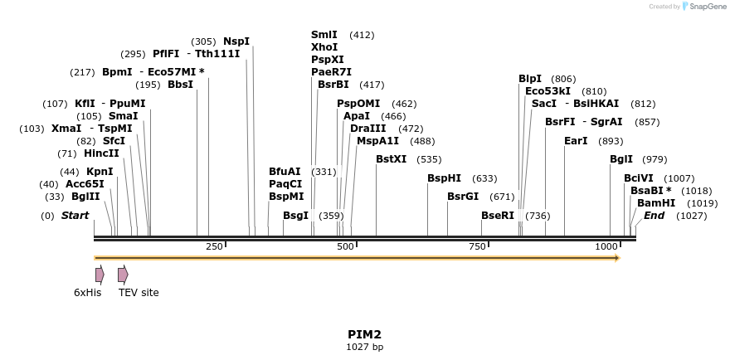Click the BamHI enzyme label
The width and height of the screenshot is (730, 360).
click(x=656, y=202)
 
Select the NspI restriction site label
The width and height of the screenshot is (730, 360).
click(x=236, y=41)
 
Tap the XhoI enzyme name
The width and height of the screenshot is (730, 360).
click(x=324, y=47)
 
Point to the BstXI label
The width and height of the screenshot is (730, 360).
click(x=392, y=158)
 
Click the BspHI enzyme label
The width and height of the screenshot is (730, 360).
click(x=444, y=178)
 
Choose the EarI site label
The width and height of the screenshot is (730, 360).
click(x=576, y=141)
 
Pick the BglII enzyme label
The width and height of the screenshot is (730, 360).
click(x=85, y=197)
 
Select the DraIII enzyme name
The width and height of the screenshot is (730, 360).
click(x=367, y=129)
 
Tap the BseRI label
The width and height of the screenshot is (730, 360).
click(x=498, y=216)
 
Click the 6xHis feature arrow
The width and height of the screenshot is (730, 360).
click(x=100, y=275)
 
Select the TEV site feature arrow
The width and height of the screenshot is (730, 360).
click(x=123, y=275)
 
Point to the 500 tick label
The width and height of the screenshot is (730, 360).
click(x=345, y=246)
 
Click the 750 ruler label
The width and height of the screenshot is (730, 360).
click(x=477, y=246)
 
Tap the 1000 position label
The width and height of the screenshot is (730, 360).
click(x=607, y=246)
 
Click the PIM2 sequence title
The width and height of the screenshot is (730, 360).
click(x=364, y=334)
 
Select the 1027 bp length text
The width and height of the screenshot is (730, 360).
click(x=364, y=347)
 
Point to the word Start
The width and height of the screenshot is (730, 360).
click(x=75, y=216)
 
